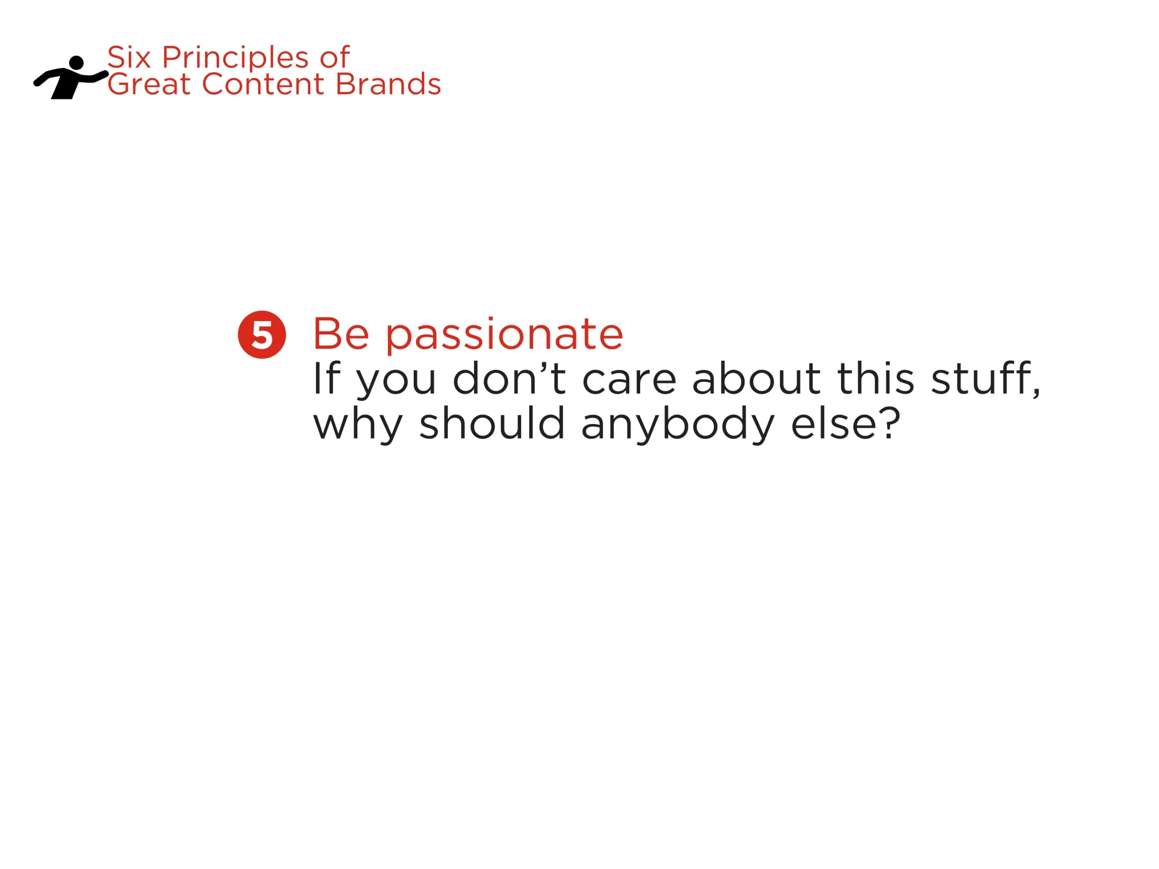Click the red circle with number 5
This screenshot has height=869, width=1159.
pyautogui.click(x=262, y=335)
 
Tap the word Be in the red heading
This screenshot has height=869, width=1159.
pyautogui.click(x=341, y=334)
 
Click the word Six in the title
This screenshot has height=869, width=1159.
pyautogui.click(x=129, y=57)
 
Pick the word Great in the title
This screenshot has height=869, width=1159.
pyautogui.click(x=149, y=84)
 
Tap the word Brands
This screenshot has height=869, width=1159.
pyautogui.click(x=388, y=84)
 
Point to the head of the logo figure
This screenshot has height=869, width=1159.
pyautogui.click(x=77, y=62)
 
